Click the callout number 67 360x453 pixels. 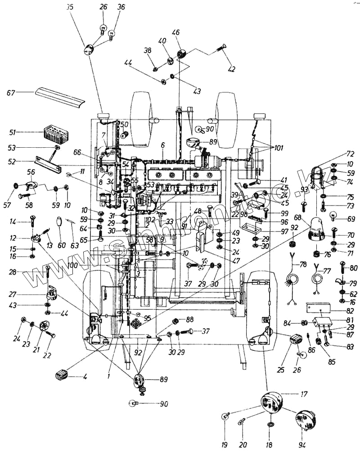point(11,93)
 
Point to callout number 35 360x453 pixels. point(68,8)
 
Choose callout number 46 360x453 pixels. point(175,32)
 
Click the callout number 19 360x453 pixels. point(224,445)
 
